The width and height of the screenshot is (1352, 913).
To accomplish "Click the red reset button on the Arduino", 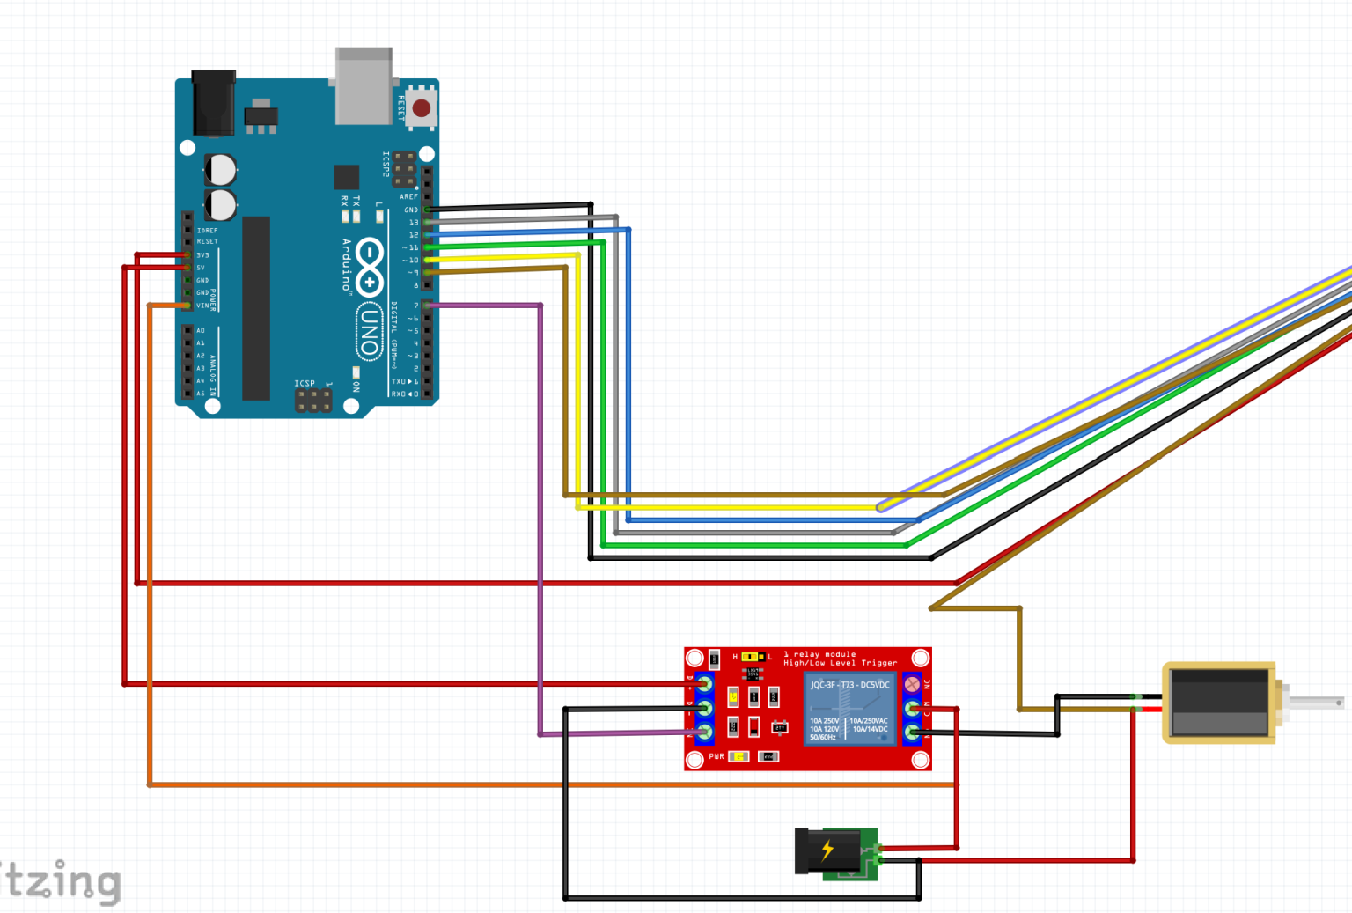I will click(x=421, y=108).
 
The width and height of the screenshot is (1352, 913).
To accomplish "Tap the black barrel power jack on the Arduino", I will click(x=214, y=103).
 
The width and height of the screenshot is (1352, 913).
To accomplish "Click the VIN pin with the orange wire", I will click(x=187, y=306).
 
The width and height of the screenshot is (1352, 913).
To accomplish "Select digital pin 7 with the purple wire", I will click(x=427, y=306).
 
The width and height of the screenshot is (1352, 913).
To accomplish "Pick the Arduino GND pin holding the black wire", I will click(x=427, y=210).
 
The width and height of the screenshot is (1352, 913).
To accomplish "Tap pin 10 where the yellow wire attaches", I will click(x=427, y=260).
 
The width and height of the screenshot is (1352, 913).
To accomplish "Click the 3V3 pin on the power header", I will click(x=187, y=255).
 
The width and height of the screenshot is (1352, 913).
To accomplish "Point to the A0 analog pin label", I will click(x=201, y=331).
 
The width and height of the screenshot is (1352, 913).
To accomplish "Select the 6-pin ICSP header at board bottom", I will click(x=313, y=401).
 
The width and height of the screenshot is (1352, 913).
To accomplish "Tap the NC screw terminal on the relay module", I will click(x=913, y=684).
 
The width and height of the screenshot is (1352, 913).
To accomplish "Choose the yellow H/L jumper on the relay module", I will click(x=751, y=657).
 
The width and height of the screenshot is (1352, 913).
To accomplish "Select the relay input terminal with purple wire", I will click(x=704, y=732).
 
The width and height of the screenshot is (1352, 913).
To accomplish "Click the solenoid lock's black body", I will click(x=1218, y=703).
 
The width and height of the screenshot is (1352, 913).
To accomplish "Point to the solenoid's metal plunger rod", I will click(x=1315, y=703).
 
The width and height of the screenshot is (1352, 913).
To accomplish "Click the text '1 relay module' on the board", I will click(x=819, y=654).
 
